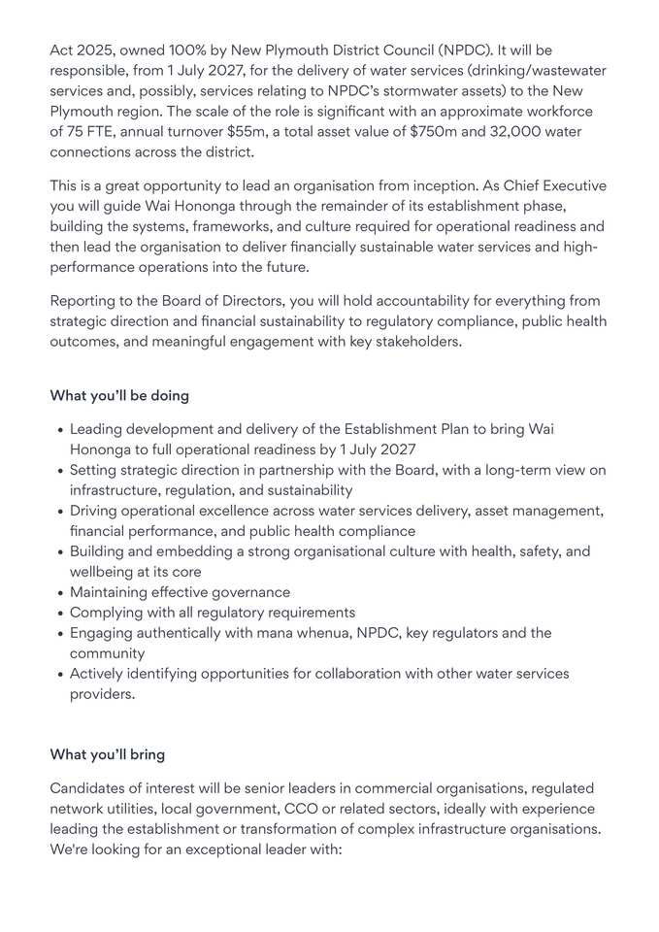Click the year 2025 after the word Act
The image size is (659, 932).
click(92, 50)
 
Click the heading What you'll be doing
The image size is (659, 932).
click(119, 396)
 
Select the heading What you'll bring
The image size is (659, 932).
click(107, 754)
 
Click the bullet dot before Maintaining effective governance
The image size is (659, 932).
click(60, 592)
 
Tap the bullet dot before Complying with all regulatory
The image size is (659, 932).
click(60, 613)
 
